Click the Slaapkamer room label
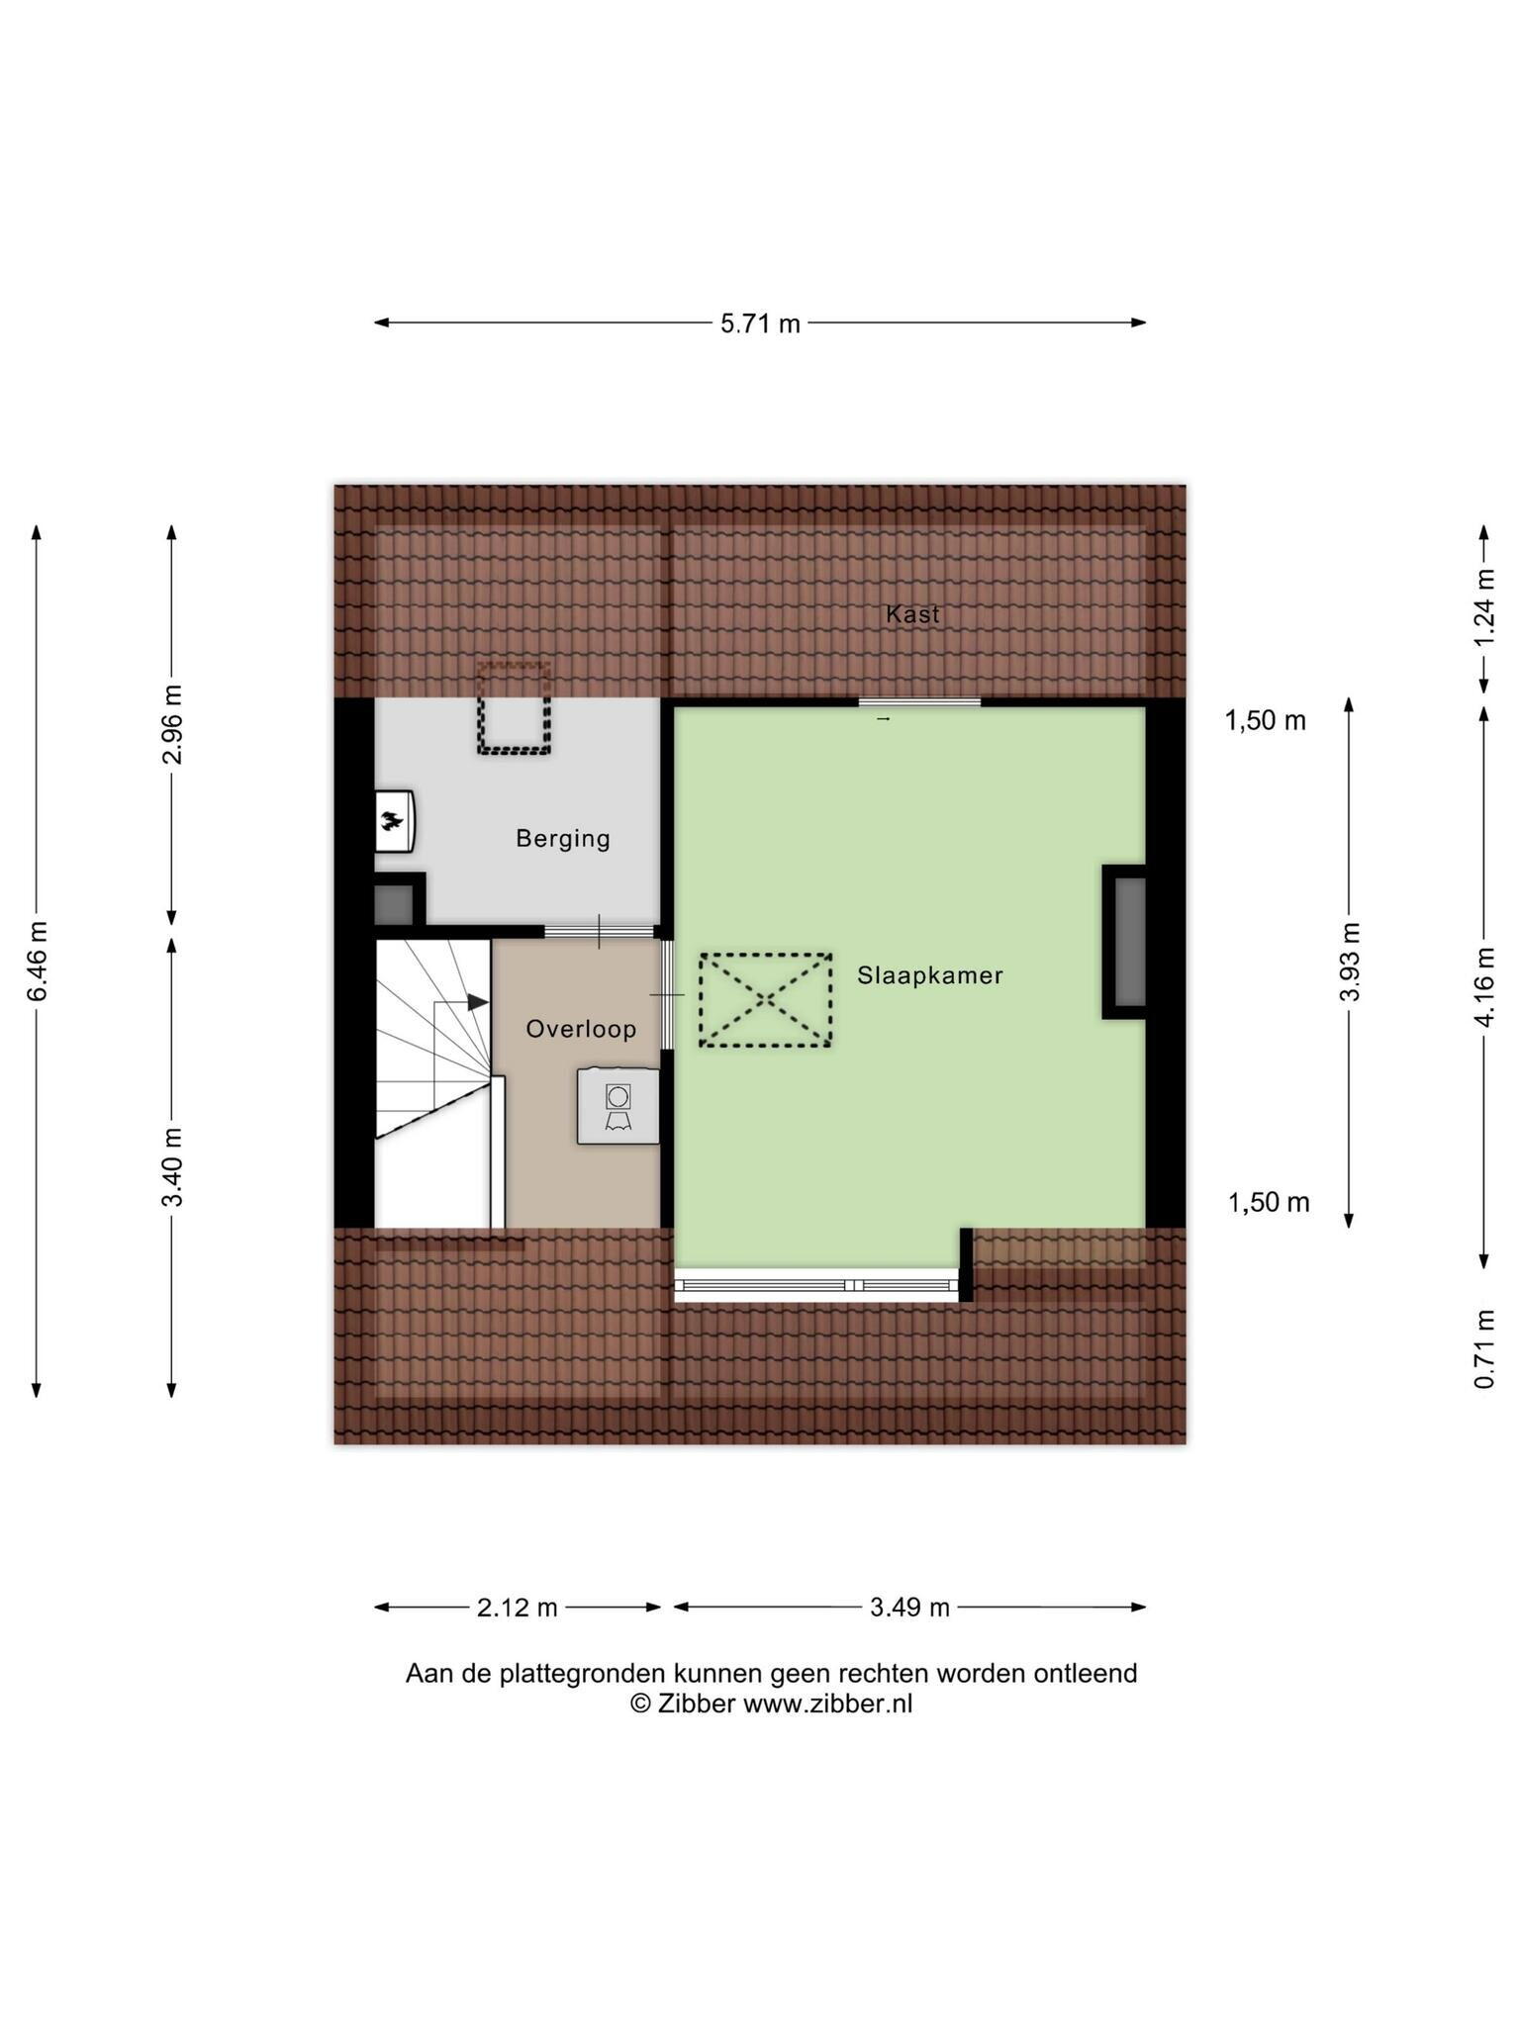click(x=930, y=975)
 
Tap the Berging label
click(x=563, y=839)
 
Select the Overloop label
click(x=581, y=1029)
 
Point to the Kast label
click(x=912, y=614)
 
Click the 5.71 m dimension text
click(x=760, y=323)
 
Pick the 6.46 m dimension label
click(x=38, y=961)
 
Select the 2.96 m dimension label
click(x=172, y=724)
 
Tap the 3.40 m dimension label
click(x=172, y=1167)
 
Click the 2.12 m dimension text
click(x=518, y=1608)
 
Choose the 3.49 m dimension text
click(x=909, y=1608)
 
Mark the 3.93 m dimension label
click(x=1350, y=962)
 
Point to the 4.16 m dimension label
click(x=1484, y=987)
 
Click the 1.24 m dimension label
click(x=1484, y=608)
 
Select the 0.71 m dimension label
click(x=1484, y=1348)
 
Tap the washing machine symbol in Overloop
click(x=618, y=1106)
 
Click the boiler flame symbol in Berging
click(x=394, y=820)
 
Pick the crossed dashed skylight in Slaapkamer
click(x=765, y=1000)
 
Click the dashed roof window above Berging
click(x=514, y=708)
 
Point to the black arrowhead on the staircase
click(x=478, y=1002)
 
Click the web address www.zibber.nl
click(x=827, y=1704)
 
